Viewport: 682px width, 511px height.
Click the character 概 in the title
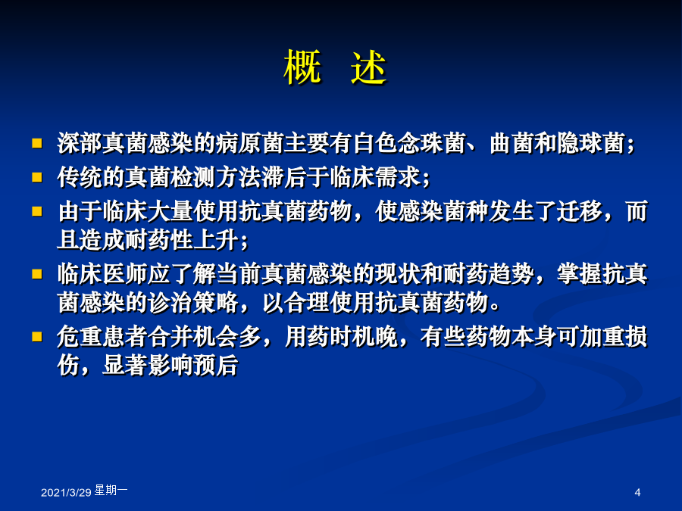pos(302,67)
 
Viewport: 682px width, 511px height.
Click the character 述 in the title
pos(369,67)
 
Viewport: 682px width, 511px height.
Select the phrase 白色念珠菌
pos(409,143)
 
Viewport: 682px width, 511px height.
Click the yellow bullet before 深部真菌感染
pos(37,143)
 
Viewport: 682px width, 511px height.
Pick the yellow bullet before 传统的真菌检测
pos(37,177)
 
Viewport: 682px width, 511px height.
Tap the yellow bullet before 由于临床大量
pos(37,211)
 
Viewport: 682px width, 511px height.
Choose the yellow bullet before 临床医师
pos(37,274)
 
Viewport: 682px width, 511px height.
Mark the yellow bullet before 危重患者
pos(37,337)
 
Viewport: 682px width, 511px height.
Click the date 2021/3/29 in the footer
pos(66,492)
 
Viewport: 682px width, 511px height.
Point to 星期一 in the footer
pos(111,491)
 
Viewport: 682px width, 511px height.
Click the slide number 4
pos(637,492)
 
